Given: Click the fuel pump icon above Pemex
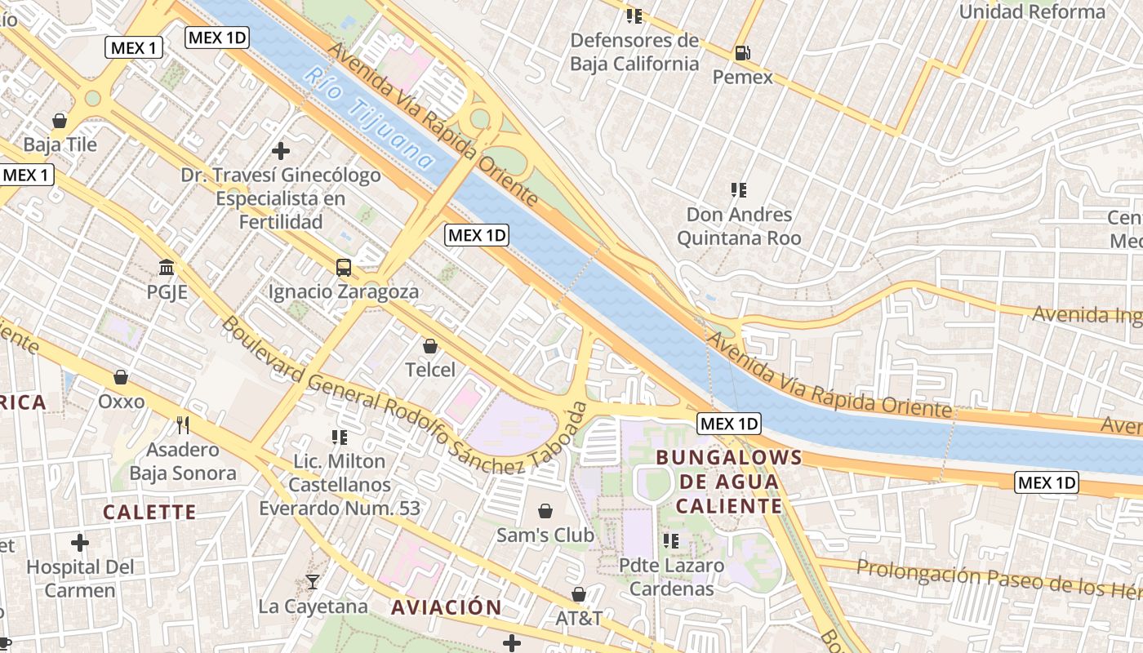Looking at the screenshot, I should point(742,53).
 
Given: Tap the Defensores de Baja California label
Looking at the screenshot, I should point(634,52).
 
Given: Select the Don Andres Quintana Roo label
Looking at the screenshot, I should point(739,226).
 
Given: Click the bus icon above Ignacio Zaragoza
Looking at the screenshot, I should point(344,267).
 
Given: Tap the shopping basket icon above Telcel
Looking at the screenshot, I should point(430,346).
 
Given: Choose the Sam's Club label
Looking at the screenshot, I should point(545,535).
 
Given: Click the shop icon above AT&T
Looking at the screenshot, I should point(579,594).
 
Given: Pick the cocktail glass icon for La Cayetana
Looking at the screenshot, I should point(312,582).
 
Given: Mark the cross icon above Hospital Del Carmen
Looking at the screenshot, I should point(80,542).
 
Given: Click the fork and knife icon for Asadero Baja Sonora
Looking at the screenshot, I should point(183,424).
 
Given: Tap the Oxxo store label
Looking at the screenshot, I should point(121,402).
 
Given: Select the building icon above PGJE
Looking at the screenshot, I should point(167,267).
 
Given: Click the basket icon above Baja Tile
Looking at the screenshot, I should point(60,121).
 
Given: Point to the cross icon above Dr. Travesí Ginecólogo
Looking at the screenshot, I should point(281,150).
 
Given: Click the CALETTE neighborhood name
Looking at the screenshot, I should point(149,513).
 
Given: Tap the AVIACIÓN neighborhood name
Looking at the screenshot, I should point(446,607).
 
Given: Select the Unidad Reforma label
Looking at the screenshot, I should point(1032,11).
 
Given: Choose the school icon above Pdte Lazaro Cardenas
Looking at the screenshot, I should point(671,540).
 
